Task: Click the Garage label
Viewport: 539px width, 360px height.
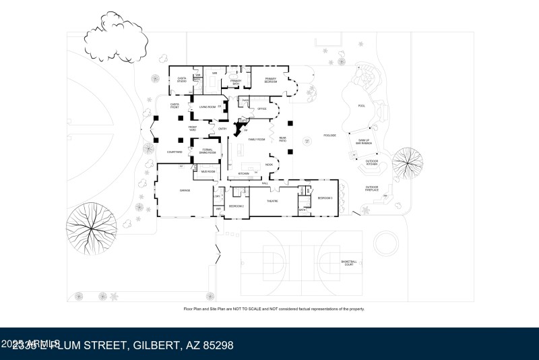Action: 185,191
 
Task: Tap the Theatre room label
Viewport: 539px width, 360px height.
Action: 273,200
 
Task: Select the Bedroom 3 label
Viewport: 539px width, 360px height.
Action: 326,198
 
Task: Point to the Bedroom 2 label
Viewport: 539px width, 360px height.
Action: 236,206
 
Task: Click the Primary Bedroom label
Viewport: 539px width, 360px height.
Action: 271,80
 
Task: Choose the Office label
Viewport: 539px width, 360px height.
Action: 263,109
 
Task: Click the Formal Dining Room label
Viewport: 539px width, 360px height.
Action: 208,151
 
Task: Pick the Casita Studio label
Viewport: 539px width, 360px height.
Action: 182,80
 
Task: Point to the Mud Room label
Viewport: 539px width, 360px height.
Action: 208,172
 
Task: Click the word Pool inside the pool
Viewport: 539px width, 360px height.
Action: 362,107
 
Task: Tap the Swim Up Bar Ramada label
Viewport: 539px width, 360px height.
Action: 364,142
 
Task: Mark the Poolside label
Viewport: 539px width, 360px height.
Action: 329,136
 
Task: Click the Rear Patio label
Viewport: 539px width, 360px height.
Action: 284,140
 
